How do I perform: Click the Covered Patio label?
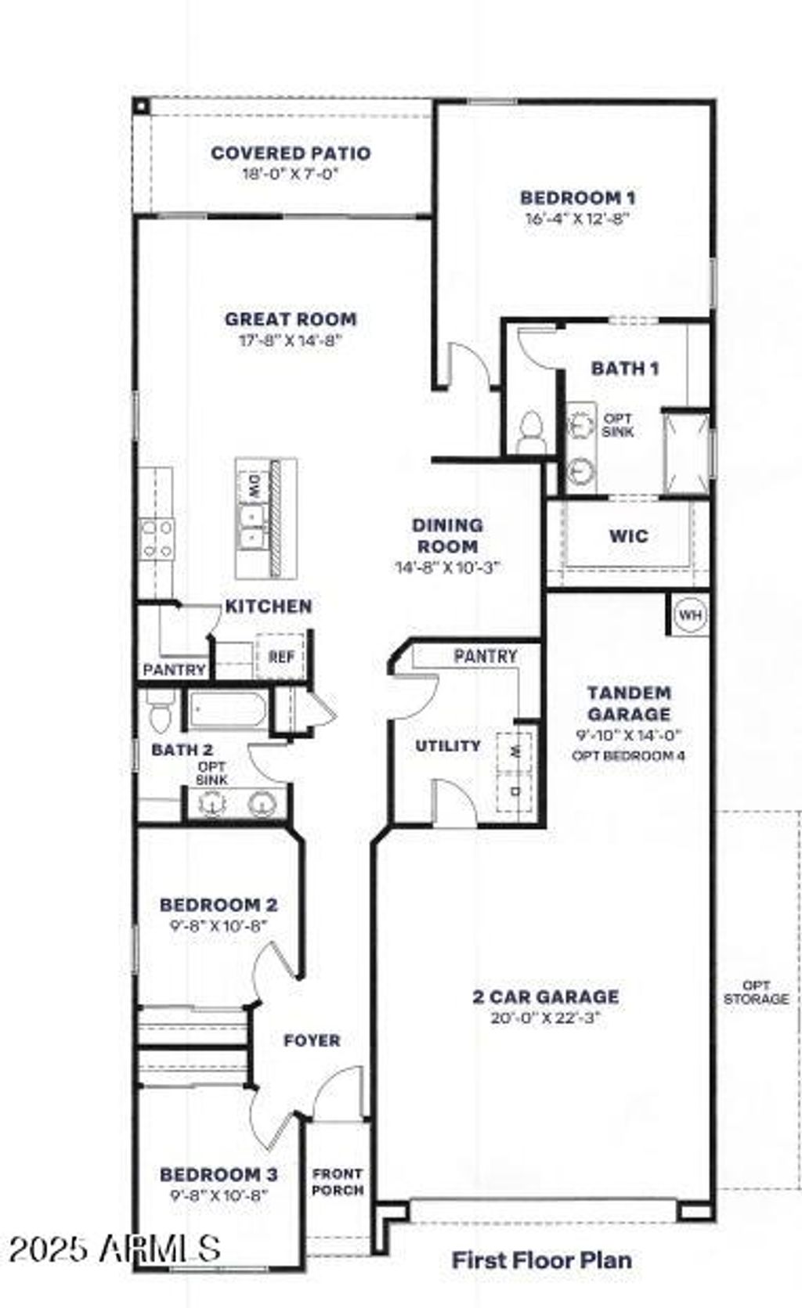pyautogui.click(x=291, y=153)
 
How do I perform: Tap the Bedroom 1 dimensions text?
pyautogui.click(x=578, y=218)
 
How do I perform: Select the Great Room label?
pyautogui.click(x=291, y=319)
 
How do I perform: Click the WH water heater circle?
pyautogui.click(x=690, y=615)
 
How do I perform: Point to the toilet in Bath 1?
pyautogui.click(x=531, y=431)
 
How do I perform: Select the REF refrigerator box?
pyautogui.click(x=281, y=657)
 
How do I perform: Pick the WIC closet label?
pyautogui.click(x=629, y=536)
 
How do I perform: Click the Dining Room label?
pyautogui.click(x=447, y=535)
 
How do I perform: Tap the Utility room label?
pyautogui.click(x=448, y=746)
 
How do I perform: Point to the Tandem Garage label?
pyautogui.click(x=629, y=703)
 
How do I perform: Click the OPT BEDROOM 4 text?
pyautogui.click(x=629, y=756)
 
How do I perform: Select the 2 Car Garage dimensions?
pyautogui.click(x=546, y=1018)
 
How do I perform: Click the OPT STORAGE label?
pyautogui.click(x=756, y=992)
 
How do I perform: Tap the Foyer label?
pyautogui.click(x=312, y=1040)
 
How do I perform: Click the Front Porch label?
pyautogui.click(x=338, y=1182)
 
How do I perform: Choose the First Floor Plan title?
pyautogui.click(x=542, y=1260)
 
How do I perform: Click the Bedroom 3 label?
pyautogui.click(x=219, y=1174)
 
